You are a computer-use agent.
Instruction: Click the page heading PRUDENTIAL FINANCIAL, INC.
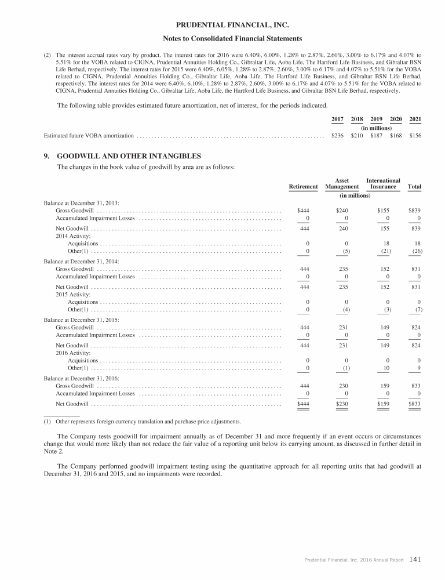(x=223, y=25)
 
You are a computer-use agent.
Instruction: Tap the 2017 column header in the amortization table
(x=337, y=119)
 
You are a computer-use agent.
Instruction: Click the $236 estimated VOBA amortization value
(x=337, y=136)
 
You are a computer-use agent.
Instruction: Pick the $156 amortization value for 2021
(x=415, y=136)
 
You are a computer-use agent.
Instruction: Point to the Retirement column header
(x=303, y=186)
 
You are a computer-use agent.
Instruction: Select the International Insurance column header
(x=383, y=183)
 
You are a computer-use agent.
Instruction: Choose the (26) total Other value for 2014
(x=414, y=251)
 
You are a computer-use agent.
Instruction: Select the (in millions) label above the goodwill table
(x=355, y=195)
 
